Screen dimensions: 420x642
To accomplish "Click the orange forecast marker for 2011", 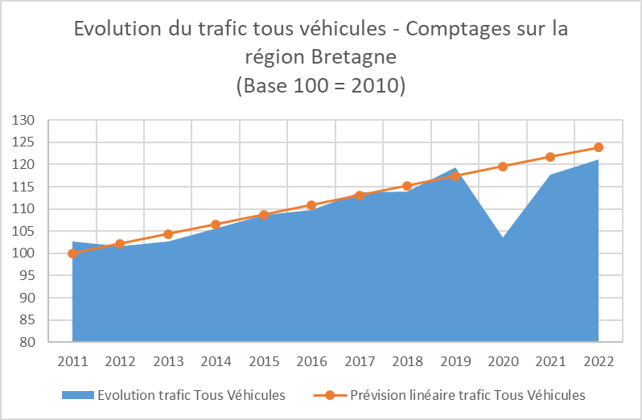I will click(72, 253).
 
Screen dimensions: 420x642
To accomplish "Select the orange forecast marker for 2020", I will click(503, 167).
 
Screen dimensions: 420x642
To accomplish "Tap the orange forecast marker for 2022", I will click(599, 147).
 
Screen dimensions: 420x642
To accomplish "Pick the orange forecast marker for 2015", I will click(264, 215).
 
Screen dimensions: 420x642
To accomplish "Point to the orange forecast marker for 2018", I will click(407, 186).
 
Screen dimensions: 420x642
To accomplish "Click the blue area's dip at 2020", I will click(503, 237).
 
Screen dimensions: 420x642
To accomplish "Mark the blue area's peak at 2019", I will click(455, 169).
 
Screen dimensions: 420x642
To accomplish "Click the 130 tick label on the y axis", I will click(25, 121).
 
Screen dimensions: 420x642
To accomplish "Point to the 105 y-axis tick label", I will click(25, 232).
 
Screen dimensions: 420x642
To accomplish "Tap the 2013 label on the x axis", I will click(168, 360).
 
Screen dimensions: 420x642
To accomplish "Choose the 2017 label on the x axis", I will click(360, 360).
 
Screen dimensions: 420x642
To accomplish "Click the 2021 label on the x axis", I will click(550, 360).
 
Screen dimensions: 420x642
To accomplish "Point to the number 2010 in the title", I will click(371, 84).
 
